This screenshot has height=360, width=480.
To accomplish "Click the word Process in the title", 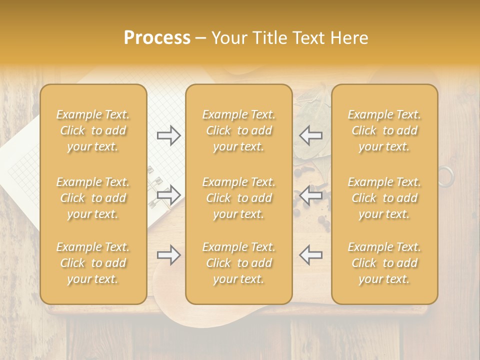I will pos(157,38).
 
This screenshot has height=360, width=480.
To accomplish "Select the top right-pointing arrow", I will pos(168,135).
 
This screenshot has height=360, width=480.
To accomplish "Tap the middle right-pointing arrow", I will pos(168,194).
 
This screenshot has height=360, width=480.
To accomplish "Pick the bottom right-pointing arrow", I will pos(168,255).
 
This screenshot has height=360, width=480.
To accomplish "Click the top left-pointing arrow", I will pos(311,135).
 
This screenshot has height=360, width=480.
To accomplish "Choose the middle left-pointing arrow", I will pos(311,194).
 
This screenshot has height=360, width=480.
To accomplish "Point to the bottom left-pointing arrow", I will pos(311,255).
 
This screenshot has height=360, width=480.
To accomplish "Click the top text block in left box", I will pos(93,130).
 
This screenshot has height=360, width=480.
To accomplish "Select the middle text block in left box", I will pos(93,198).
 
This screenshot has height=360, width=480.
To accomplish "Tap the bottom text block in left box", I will pos(93,263).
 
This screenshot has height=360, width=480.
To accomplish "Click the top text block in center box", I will pos(239,130).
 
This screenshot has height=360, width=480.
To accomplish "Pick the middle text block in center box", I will pos(239,198).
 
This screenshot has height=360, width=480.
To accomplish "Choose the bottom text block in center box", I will pos(239,263).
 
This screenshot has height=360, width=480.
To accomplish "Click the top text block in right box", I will pos(384,130).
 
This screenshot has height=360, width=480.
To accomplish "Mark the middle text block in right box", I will pos(384,198).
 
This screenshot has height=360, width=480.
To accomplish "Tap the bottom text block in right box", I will pos(384,263).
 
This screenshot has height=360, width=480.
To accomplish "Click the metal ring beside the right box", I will pos(446,176).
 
